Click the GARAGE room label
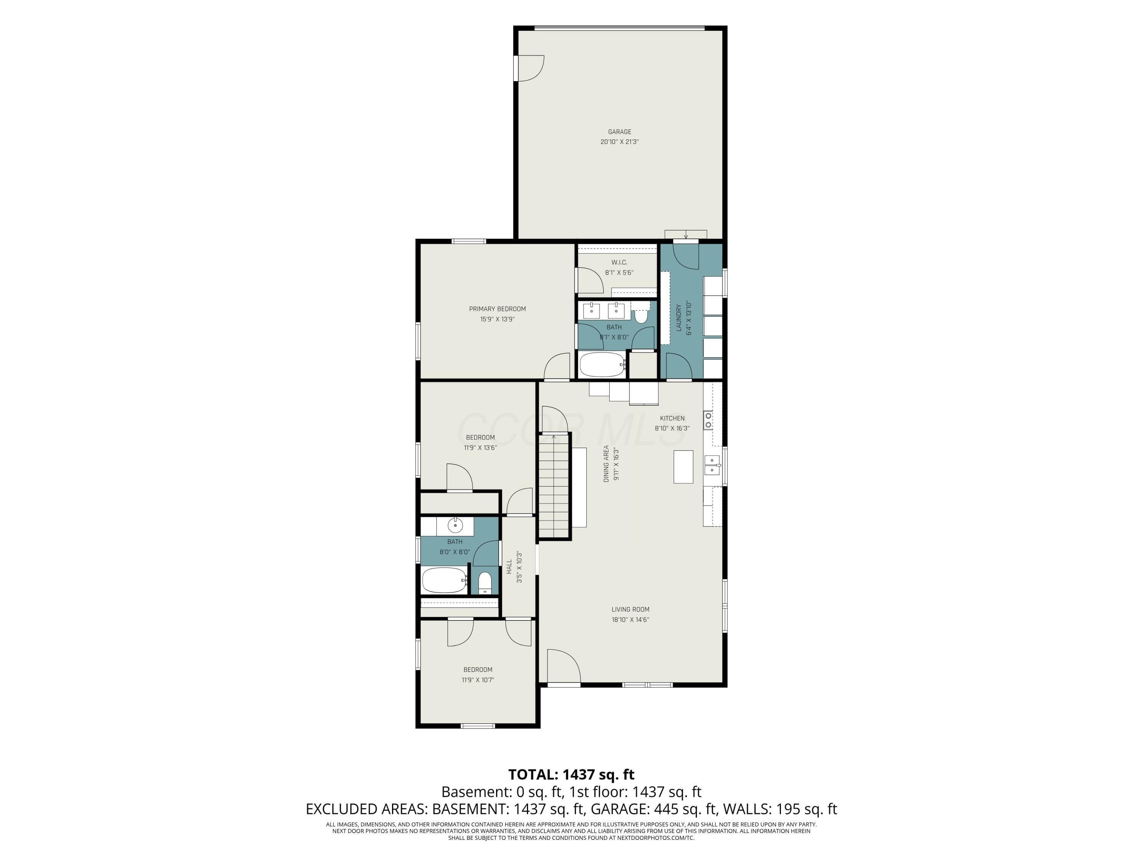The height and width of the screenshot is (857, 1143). point(620,132)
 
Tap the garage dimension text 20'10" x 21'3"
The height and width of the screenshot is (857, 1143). point(620,142)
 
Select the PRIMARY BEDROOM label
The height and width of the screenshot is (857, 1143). point(497,309)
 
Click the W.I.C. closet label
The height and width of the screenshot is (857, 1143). point(619,262)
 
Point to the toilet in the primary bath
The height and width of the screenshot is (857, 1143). point(641,315)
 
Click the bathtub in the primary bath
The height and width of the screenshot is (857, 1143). point(602,365)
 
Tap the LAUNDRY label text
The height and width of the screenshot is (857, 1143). point(679,318)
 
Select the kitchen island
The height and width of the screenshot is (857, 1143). point(683,467)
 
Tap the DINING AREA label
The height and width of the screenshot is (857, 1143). point(607,464)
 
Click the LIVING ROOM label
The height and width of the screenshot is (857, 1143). point(631,609)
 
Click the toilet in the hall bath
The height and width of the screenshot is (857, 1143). point(485,583)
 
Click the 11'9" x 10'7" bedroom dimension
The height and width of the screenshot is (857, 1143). point(478,680)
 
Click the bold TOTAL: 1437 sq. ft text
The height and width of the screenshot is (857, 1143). point(571,774)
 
